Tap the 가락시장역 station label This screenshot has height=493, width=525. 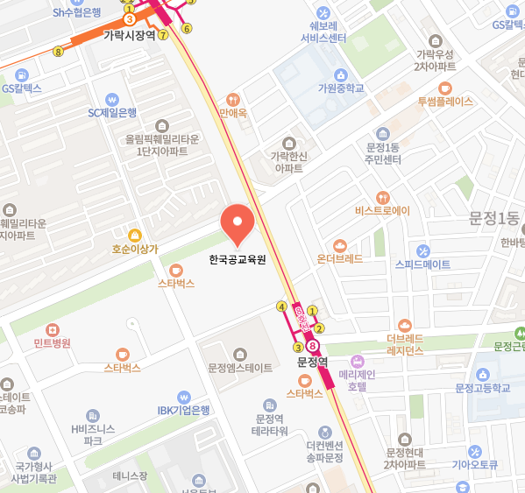pyautogui.click(x=130, y=36)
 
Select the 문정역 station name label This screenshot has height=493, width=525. pyautogui.click(x=312, y=361)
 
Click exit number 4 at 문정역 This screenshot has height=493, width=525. pyautogui.click(x=281, y=306)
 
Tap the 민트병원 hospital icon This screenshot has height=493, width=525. pyautogui.click(x=53, y=328)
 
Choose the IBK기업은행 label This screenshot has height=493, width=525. pyautogui.click(x=184, y=410)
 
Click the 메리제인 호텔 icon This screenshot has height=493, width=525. pyautogui.click(x=357, y=361)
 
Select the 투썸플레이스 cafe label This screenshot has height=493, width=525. pyautogui.click(x=445, y=101)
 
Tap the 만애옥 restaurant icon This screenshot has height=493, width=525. pyautogui.click(x=232, y=99)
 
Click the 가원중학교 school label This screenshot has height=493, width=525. pyautogui.click(x=341, y=88)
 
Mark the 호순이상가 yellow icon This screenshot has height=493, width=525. pyautogui.click(x=134, y=235)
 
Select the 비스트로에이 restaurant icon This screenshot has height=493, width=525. pyautogui.click(x=382, y=197)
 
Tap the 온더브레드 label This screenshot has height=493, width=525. pyautogui.click(x=340, y=259)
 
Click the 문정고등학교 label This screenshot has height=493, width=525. pyautogui.click(x=482, y=387)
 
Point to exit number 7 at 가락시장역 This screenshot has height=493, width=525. pyautogui.click(x=163, y=35)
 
